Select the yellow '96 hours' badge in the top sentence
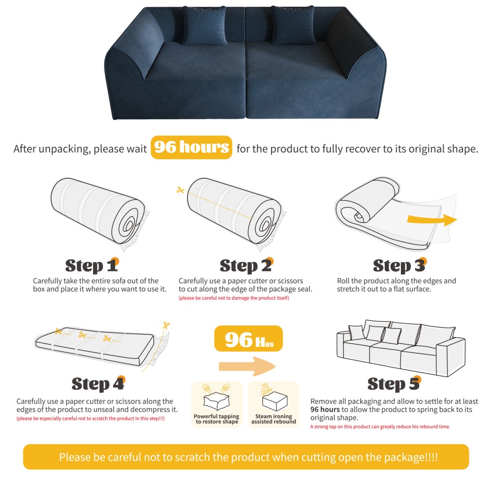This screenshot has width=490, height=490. (191, 147)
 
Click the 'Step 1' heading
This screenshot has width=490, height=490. (92, 266)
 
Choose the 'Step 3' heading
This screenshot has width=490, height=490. (399, 266)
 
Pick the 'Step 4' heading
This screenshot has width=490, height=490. (98, 384)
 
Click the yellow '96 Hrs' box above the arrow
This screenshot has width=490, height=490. (248, 339)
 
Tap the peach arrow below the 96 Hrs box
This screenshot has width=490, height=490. (247, 366)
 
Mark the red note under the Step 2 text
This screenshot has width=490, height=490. (233, 298)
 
